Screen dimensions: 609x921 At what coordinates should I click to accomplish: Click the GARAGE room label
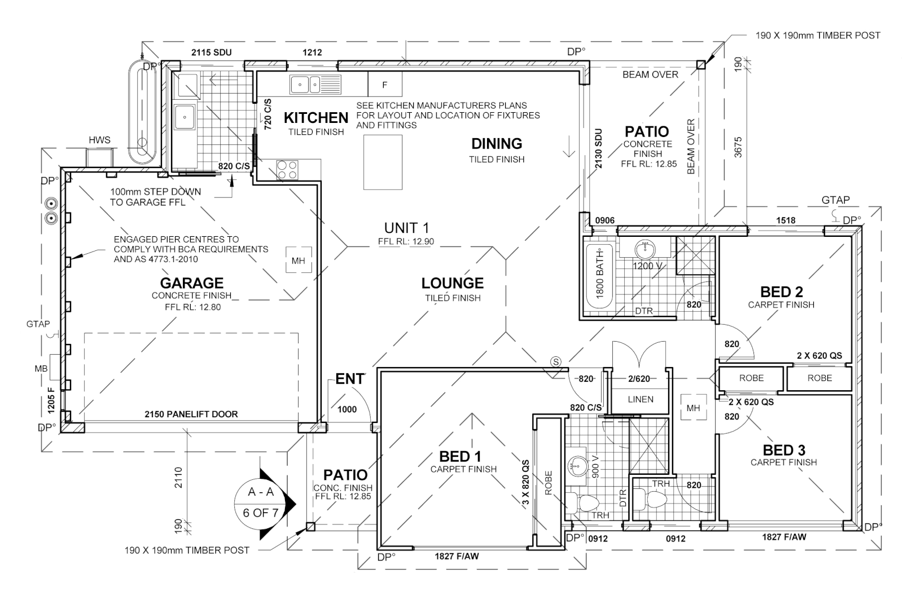[191, 283]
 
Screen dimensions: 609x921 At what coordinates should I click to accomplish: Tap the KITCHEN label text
[315, 118]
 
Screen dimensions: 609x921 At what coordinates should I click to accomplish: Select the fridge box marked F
[385, 85]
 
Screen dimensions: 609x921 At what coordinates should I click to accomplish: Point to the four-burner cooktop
[287, 170]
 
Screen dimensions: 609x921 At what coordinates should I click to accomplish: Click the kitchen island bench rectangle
[383, 163]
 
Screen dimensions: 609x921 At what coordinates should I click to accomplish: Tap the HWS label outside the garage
[99, 140]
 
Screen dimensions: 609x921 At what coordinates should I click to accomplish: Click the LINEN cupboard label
[641, 399]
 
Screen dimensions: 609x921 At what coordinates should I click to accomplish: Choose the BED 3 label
[784, 450]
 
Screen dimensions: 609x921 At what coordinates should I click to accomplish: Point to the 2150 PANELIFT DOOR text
[191, 414]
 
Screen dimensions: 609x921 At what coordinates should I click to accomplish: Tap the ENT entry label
[349, 379]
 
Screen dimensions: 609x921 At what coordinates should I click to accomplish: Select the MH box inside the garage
[298, 261]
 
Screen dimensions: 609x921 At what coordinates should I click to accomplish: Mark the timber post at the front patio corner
[310, 527]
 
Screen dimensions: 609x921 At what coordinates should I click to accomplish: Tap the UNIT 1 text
[406, 228]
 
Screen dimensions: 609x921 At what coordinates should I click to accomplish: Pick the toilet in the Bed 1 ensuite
[586, 502]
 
